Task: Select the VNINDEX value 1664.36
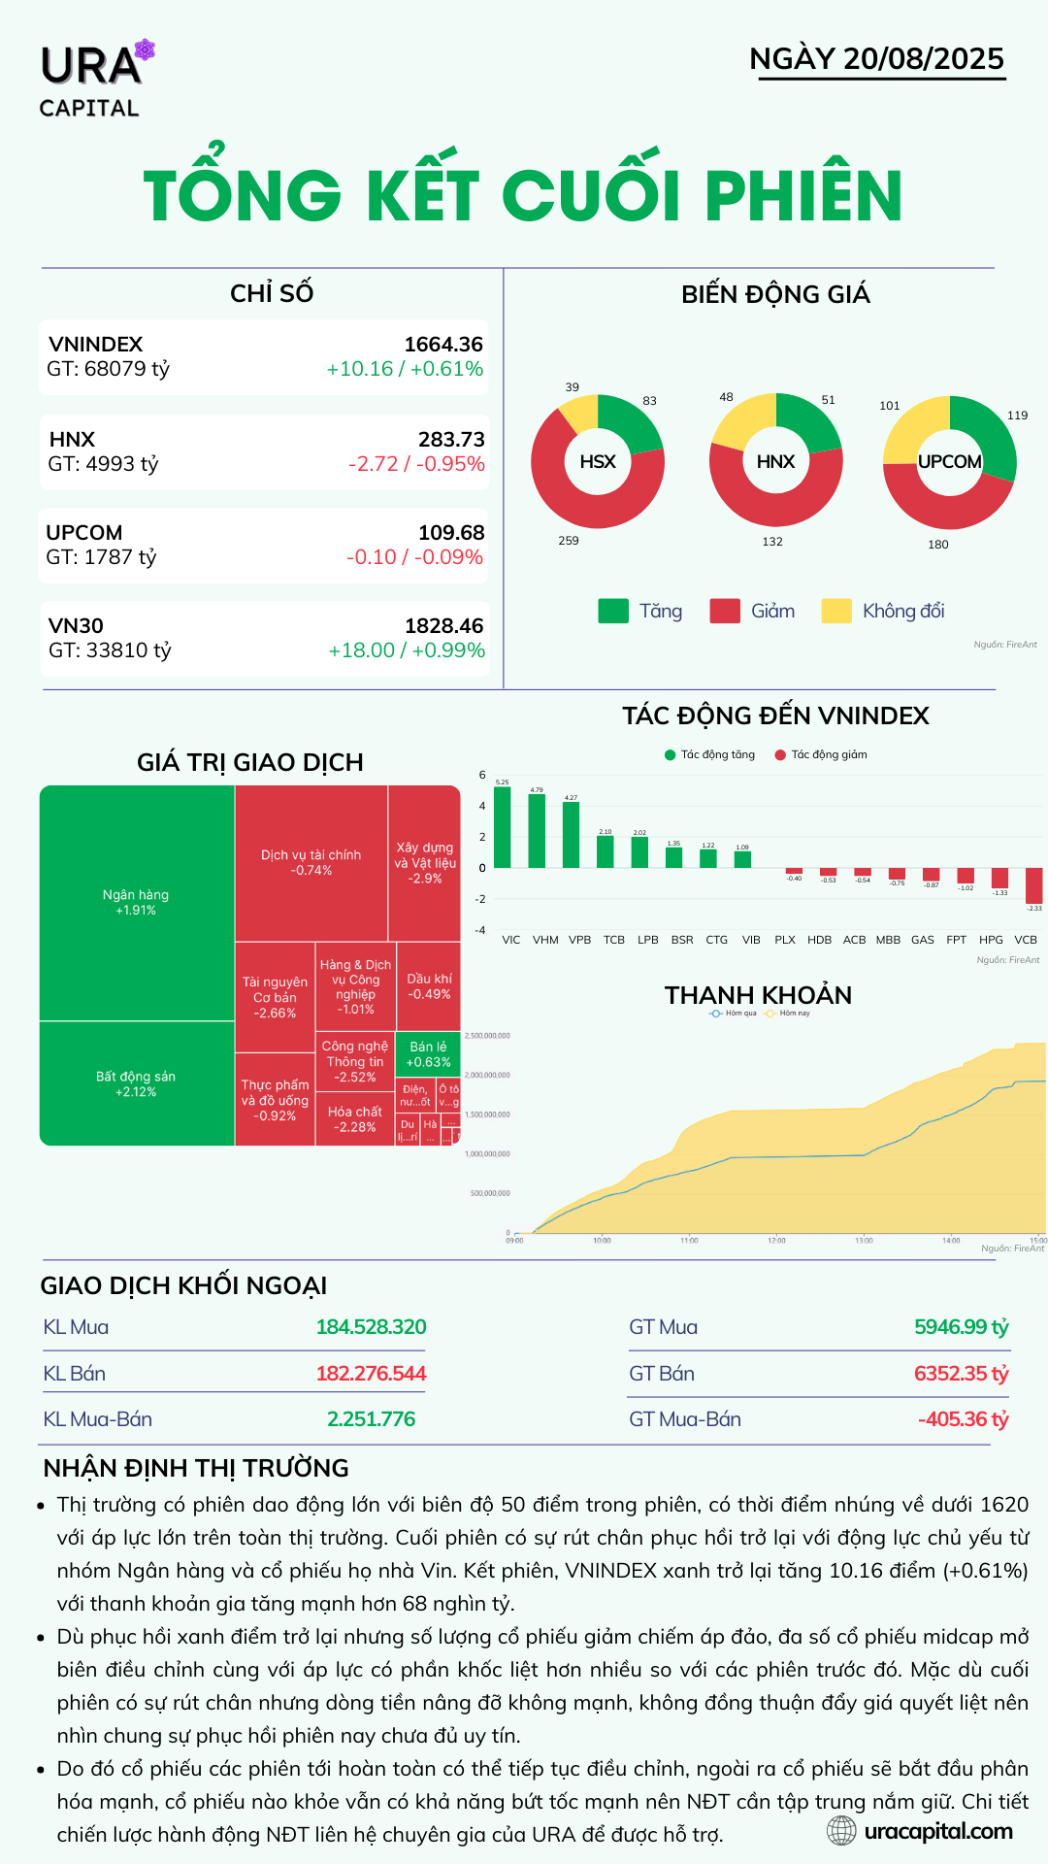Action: pyautogui.click(x=443, y=345)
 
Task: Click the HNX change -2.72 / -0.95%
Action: pyautogui.click(x=416, y=464)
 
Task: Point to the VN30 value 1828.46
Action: pyautogui.click(x=443, y=626)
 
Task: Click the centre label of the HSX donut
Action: pyautogui.click(x=598, y=462)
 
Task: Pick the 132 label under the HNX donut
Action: pyautogui.click(x=772, y=542)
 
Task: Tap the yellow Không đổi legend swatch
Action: pyautogui.click(x=836, y=611)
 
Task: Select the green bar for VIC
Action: pyautogui.click(x=503, y=827)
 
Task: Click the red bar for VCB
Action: pyautogui.click(x=1033, y=885)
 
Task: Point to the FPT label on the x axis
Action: pyautogui.click(x=957, y=940)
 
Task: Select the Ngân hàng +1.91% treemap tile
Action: pyautogui.click(x=136, y=902)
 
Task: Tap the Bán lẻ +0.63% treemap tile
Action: pyautogui.click(x=428, y=1054)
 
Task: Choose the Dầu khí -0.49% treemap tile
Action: pyautogui.click(x=429, y=986)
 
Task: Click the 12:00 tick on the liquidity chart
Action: pyautogui.click(x=776, y=1241)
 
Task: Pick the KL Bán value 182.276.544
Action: pyautogui.click(x=371, y=1374)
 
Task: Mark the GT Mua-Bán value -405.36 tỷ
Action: pyautogui.click(x=963, y=1419)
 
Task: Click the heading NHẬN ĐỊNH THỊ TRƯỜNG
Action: pyautogui.click(x=196, y=1468)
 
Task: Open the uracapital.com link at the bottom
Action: pyautogui.click(x=937, y=1832)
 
